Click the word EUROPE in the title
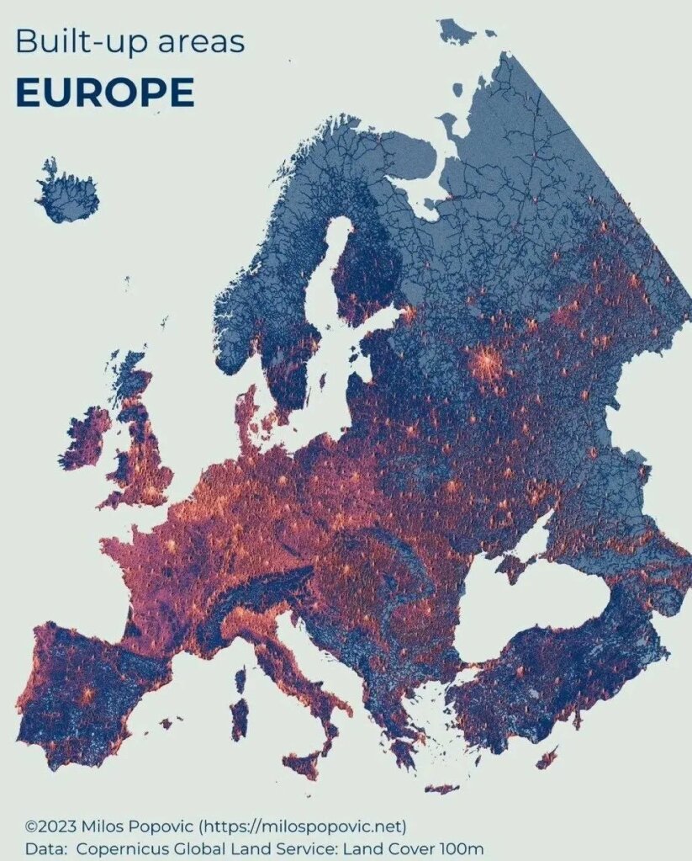[x=104, y=93]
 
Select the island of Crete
[x=441, y=789]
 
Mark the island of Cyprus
[x=547, y=757]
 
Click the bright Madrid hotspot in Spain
[x=86, y=695]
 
